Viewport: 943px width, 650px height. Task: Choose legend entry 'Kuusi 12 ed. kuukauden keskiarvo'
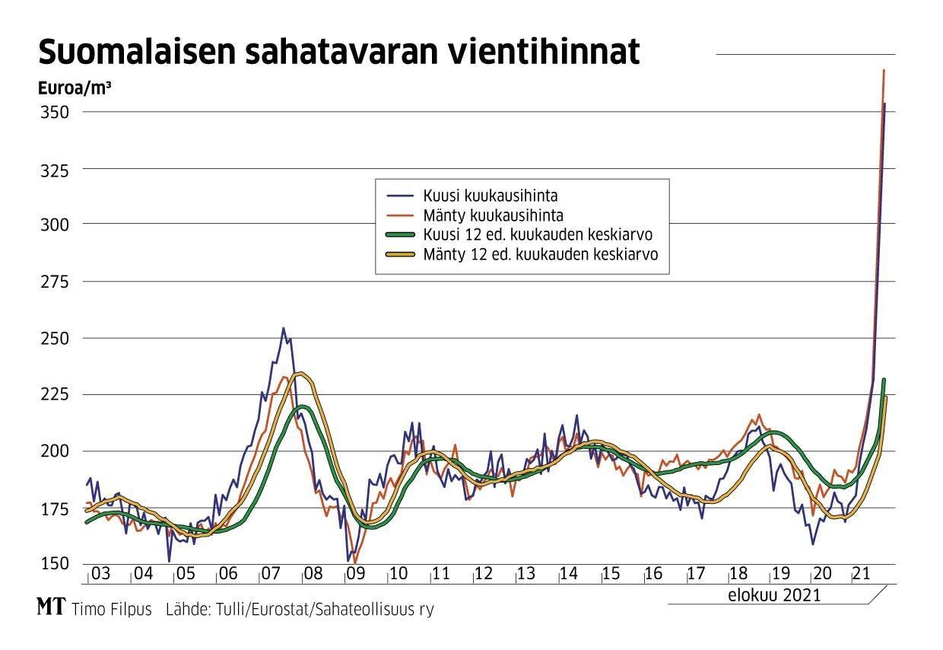[539, 234]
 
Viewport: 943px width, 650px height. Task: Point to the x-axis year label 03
[100, 574]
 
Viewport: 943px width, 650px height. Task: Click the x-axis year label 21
[860, 574]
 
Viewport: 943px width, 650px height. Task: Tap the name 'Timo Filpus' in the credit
[112, 610]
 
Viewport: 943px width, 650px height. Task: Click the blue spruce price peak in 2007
[283, 329]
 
